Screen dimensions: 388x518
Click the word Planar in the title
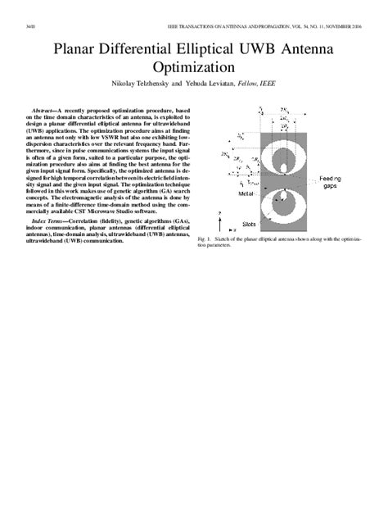click(79, 50)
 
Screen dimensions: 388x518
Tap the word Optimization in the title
click(194, 67)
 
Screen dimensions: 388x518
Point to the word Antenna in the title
click(305, 50)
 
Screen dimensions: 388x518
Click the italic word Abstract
click(43, 109)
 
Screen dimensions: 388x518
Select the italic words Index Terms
click(46, 220)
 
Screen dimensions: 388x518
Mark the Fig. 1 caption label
click(205, 239)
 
